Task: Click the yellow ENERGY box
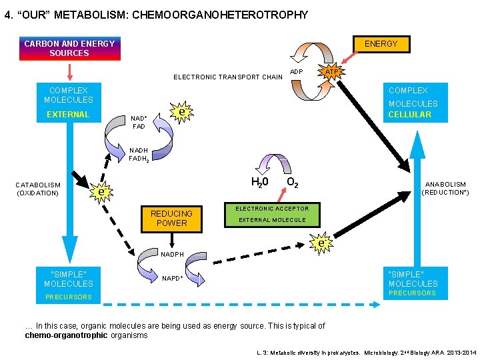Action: click(381, 44)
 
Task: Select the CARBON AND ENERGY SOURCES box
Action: click(69, 49)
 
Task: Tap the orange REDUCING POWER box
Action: click(171, 218)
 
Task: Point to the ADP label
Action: click(297, 72)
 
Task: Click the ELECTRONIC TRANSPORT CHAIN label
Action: click(228, 77)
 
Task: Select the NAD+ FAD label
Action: click(139, 121)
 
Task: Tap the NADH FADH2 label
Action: click(139, 155)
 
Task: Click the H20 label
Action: click(259, 182)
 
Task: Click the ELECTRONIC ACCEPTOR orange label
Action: click(272, 209)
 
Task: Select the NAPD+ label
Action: click(172, 278)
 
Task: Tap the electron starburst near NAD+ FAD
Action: click(181, 113)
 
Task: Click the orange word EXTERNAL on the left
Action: click(68, 115)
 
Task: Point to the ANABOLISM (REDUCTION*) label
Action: click(445, 188)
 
